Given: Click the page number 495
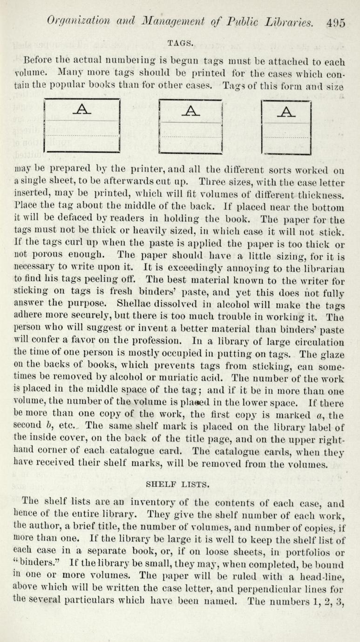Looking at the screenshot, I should point(335,22).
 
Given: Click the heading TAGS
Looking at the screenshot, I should point(180,43).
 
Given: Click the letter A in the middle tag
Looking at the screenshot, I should point(190,111).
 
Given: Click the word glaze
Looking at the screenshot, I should point(330,353).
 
